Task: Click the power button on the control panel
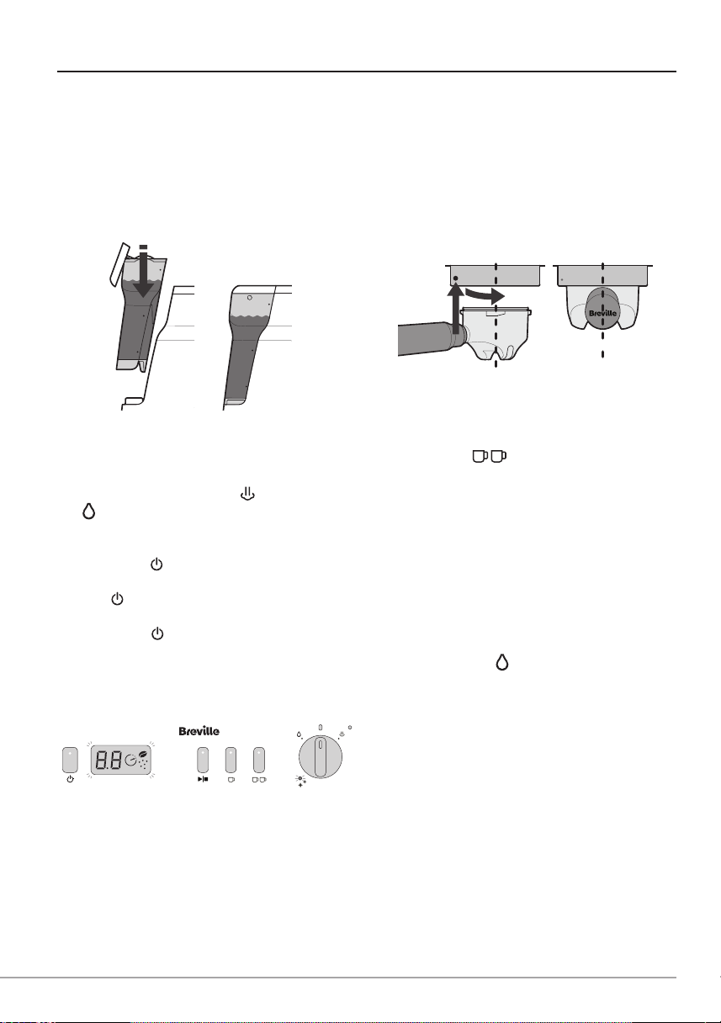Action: pyautogui.click(x=70, y=760)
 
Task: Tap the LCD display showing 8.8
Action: pyautogui.click(x=121, y=761)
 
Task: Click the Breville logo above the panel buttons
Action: pyautogui.click(x=199, y=731)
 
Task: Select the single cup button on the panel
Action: pyautogui.click(x=231, y=760)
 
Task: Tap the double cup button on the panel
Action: pyautogui.click(x=259, y=760)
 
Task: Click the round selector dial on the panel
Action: pyautogui.click(x=321, y=756)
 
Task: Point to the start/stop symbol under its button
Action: pyautogui.click(x=203, y=780)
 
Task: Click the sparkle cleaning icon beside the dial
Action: pyautogui.click(x=301, y=782)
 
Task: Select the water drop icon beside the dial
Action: pyautogui.click(x=299, y=734)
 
